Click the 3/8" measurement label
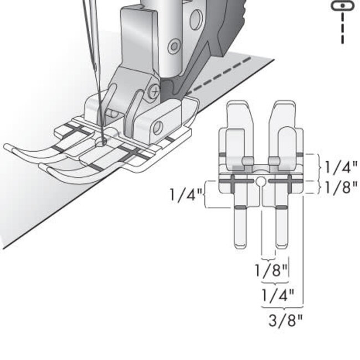pyautogui.click(x=286, y=321)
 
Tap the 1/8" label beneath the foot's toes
pyautogui.click(x=271, y=271)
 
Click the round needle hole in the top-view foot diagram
pyautogui.click(x=260, y=181)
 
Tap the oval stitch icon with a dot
pyautogui.click(x=342, y=5)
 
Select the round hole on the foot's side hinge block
pyautogui.click(x=157, y=127)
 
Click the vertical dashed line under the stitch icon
pyautogui.click(x=343, y=28)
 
